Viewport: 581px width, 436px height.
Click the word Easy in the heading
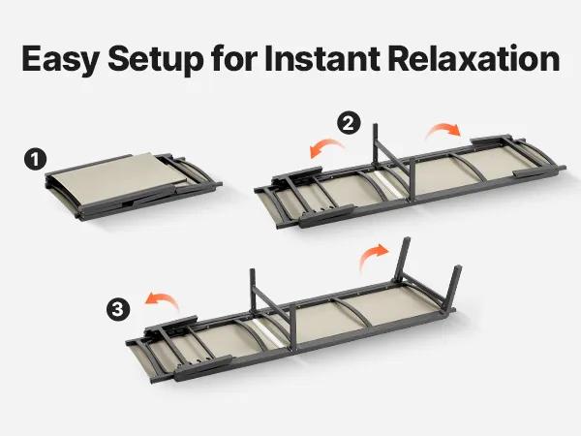pyautogui.click(x=60, y=59)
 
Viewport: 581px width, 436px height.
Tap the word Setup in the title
pyautogui.click(x=156, y=59)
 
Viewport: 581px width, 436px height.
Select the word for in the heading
pyautogui.click(x=234, y=58)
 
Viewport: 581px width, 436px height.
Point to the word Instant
pyautogui.click(x=322, y=58)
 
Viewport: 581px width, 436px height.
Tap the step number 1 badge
pyautogui.click(x=35, y=160)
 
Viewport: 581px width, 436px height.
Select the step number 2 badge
pyautogui.click(x=349, y=123)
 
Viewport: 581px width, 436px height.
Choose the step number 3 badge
pyautogui.click(x=118, y=308)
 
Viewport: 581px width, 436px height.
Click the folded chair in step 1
pyautogui.click(x=133, y=186)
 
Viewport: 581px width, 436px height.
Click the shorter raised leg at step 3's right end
pyautogui.click(x=454, y=285)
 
